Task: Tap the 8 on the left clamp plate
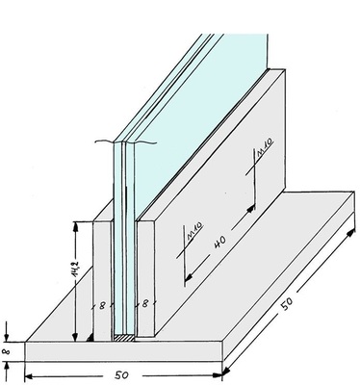pos(102,305)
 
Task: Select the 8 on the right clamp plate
pos(145,303)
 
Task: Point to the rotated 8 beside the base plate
pos(7,351)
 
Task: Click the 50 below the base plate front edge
pos(121,375)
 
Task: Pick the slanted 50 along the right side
pos(287,303)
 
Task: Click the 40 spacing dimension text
pos(220,242)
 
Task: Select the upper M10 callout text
pos(265,147)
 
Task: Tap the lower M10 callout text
pos(195,231)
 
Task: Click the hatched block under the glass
pos(124,338)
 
